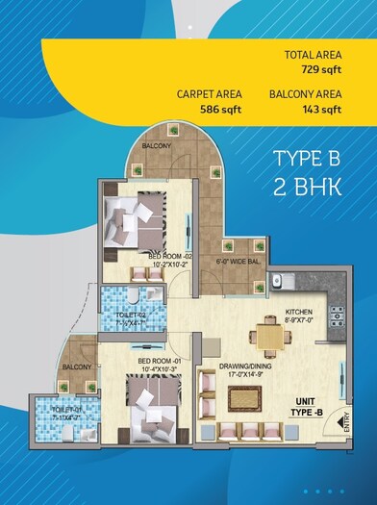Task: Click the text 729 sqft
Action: (322, 71)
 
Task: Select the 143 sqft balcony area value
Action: (322, 110)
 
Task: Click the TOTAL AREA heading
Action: (314, 55)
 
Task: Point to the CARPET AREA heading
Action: (209, 93)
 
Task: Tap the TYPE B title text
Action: (308, 158)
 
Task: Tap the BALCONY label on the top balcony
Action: (157, 145)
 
